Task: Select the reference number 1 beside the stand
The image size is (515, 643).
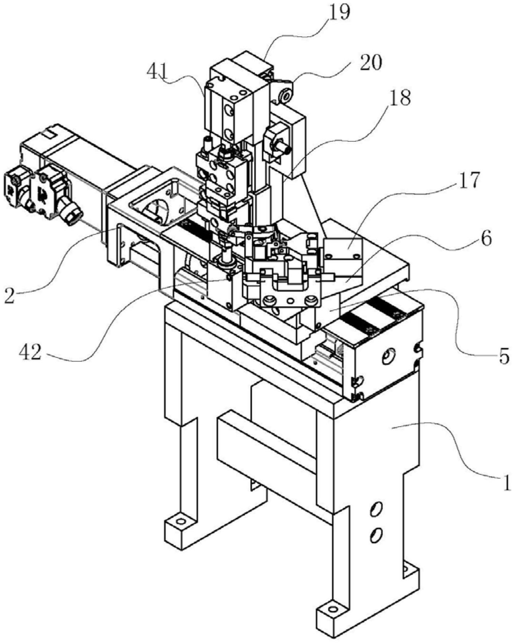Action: tap(507, 481)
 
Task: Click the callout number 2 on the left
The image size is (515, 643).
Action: tap(10, 295)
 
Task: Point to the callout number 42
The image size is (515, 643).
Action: tap(30, 353)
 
